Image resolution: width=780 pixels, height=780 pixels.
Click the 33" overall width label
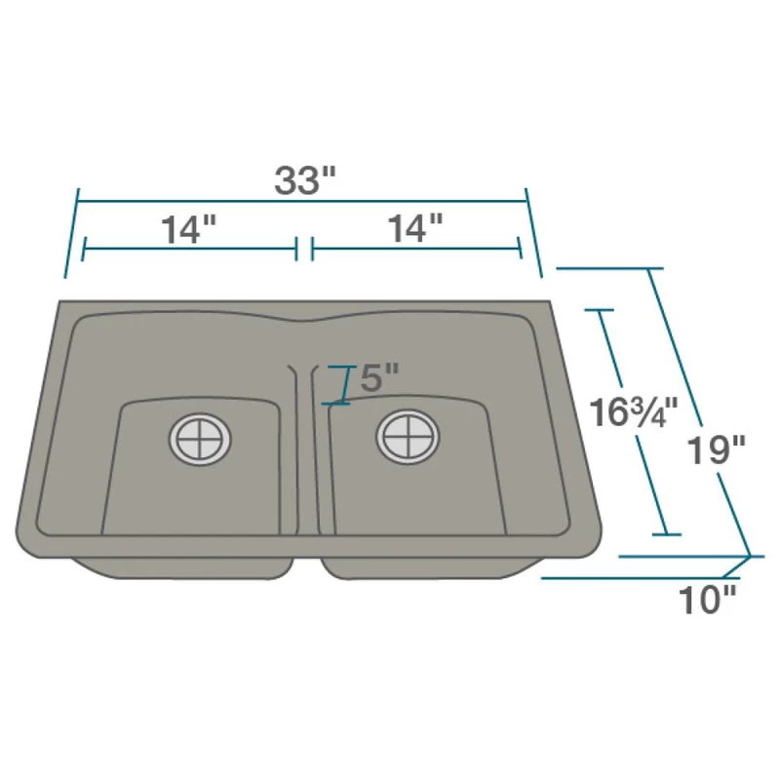coord(304,181)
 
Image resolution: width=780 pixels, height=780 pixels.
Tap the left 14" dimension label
coord(188,230)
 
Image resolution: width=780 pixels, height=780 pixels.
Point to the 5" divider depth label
coord(379,377)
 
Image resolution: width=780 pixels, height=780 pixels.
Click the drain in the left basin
coord(200,439)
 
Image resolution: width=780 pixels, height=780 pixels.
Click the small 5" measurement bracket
coord(341,385)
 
